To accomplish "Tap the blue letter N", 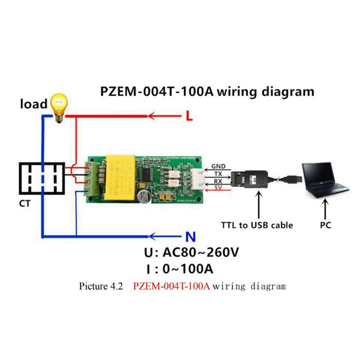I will pos(190,237).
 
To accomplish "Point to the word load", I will pos(33,104).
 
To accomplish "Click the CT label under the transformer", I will pos(25,204).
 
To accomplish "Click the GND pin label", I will pos(218,166).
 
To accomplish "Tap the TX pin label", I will pos(218,174).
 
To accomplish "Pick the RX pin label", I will pos(218,181).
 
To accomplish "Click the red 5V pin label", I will pos(218,188).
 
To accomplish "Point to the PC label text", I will pos(325,225).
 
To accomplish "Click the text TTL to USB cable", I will pos(257,225).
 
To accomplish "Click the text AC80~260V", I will pos(200,253).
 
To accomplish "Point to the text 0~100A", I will pos(188,269).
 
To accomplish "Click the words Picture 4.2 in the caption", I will pos(101,286).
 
